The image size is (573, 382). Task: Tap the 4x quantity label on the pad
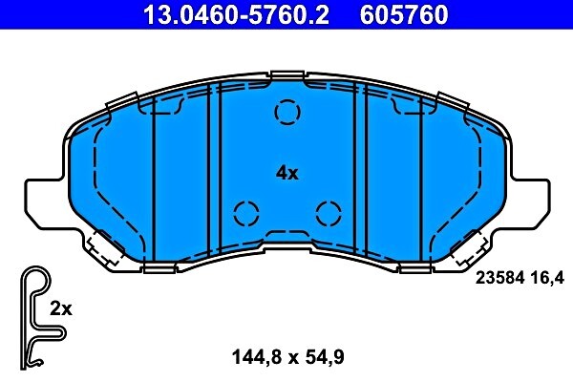coord(287,173)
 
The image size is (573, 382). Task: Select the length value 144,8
coord(254,358)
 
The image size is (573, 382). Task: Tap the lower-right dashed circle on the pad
coord(328,211)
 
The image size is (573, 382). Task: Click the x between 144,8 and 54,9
coord(288,359)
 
